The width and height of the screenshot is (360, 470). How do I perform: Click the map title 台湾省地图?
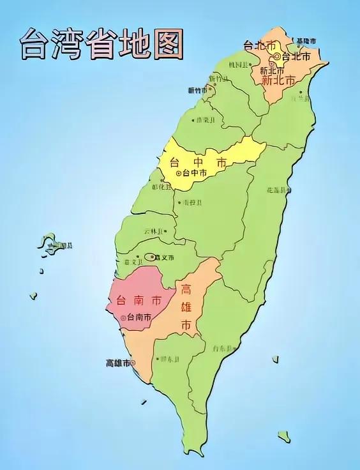pyautogui.click(x=101, y=43)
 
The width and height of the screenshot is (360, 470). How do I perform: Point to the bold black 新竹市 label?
pyautogui.click(x=199, y=91)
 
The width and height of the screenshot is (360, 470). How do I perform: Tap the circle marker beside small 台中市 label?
pyautogui.click(x=178, y=173)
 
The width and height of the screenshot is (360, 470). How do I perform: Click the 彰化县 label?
pyautogui.click(x=161, y=188)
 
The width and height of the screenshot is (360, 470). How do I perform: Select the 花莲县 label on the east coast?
pyautogui.click(x=277, y=190)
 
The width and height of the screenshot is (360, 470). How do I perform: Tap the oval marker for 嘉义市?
pyautogui.click(x=150, y=257)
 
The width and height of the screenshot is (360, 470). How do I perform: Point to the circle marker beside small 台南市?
pyautogui.click(x=123, y=317)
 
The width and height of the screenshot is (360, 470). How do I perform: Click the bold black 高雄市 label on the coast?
pyautogui.click(x=118, y=363)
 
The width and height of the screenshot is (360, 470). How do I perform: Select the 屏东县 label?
pyautogui.click(x=170, y=359)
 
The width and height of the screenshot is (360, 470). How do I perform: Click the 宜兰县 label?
pyautogui.click(x=297, y=99)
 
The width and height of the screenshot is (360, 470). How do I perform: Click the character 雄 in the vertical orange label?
pyautogui.click(x=186, y=307)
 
